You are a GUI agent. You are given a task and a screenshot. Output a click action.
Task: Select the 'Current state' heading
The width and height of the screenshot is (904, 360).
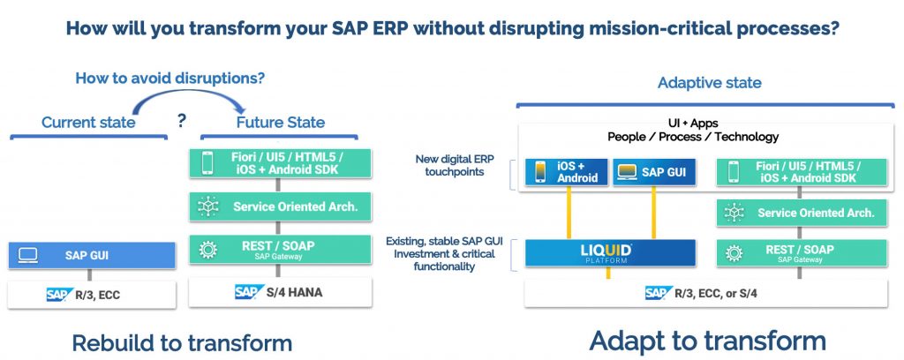[88, 122]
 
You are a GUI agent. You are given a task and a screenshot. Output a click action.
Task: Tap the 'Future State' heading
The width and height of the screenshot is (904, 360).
[281, 122]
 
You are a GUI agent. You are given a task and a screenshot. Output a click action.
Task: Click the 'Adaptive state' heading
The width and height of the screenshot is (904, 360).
[709, 83]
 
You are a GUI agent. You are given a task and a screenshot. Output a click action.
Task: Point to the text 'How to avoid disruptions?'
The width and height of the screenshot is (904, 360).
[170, 78]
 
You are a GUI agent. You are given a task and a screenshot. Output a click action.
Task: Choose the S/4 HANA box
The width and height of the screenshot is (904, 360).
[280, 291]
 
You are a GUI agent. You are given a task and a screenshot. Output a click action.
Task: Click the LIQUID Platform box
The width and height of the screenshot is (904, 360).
[610, 253]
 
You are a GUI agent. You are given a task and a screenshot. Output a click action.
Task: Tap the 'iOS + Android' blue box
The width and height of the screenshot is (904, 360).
[566, 171]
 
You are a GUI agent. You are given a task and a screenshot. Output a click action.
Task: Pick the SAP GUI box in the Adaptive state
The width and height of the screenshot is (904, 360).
[653, 171]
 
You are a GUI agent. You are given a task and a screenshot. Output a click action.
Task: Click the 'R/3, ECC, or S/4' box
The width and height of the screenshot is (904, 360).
[704, 293]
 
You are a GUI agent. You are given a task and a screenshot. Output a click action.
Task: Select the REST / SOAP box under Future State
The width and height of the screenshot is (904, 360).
[280, 249]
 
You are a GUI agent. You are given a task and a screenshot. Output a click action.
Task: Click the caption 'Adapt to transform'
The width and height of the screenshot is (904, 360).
[707, 341]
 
